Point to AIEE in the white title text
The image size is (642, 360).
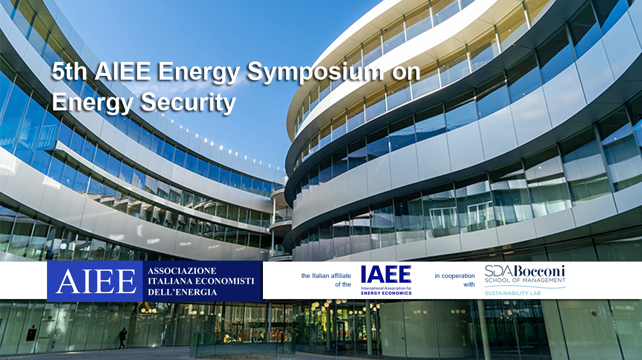point(123,72)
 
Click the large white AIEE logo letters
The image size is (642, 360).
point(96,281)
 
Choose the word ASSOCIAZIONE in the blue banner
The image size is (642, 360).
point(182,271)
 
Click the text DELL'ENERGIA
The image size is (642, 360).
point(182,292)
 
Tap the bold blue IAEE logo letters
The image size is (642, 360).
point(386,275)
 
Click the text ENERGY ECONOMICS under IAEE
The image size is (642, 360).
point(386,293)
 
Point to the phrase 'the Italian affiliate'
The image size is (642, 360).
point(326,276)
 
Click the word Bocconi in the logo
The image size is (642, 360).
point(540,270)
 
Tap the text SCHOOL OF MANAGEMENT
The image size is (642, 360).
point(525,280)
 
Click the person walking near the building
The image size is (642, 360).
point(122,337)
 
